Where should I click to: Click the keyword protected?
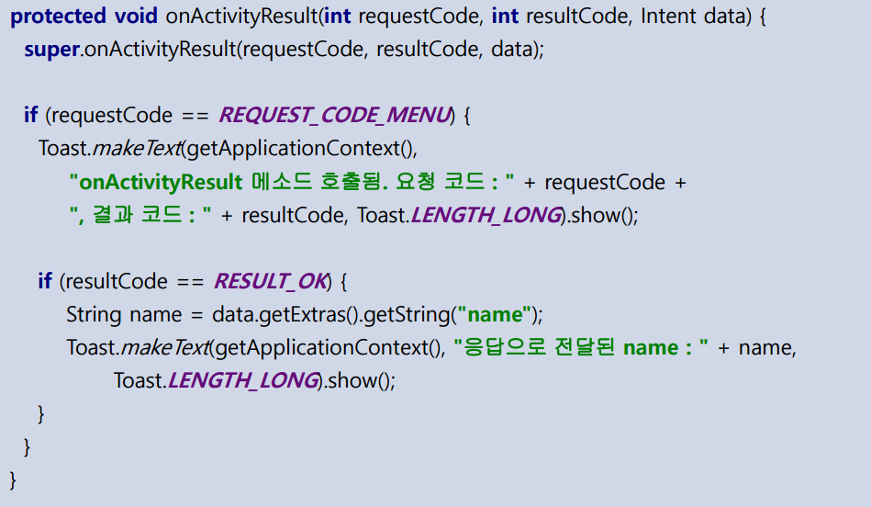coord(55,17)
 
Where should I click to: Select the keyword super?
coord(51,51)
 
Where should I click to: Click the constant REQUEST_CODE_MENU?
coord(335,116)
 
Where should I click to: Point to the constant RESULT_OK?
coord(270,281)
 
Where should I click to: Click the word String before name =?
coord(94,315)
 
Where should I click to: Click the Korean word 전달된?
coord(587,348)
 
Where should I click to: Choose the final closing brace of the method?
coord(13,479)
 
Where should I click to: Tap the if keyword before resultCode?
coord(44,281)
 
